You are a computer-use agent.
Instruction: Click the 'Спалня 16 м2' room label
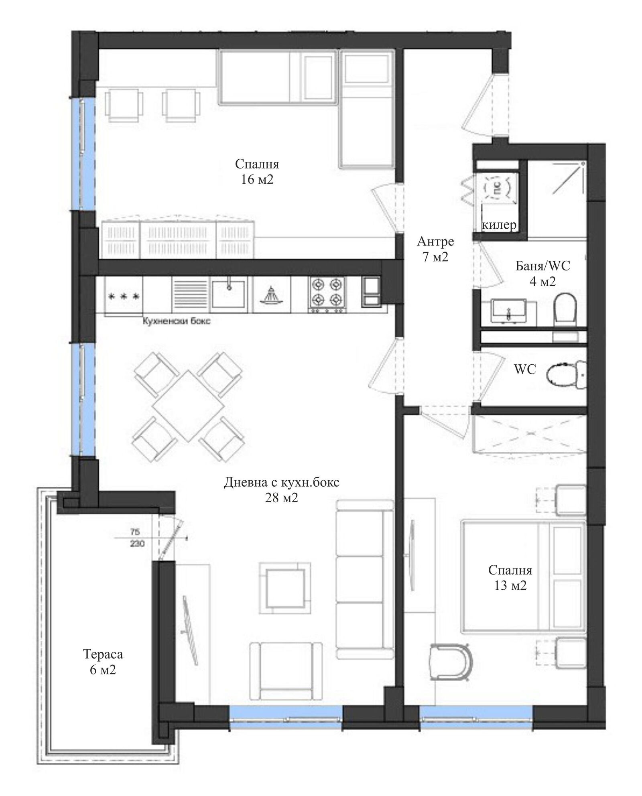click(257, 171)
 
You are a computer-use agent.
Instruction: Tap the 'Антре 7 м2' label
click(435, 249)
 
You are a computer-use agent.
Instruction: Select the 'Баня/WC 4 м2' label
click(542, 273)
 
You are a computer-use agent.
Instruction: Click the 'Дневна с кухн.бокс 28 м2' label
click(281, 489)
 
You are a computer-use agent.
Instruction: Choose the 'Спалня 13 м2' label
click(510, 577)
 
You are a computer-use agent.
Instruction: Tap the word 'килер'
click(499, 225)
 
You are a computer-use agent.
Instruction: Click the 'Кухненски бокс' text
click(177, 321)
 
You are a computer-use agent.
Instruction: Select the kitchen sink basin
click(229, 292)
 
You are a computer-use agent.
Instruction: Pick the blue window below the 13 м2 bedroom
click(476, 722)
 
